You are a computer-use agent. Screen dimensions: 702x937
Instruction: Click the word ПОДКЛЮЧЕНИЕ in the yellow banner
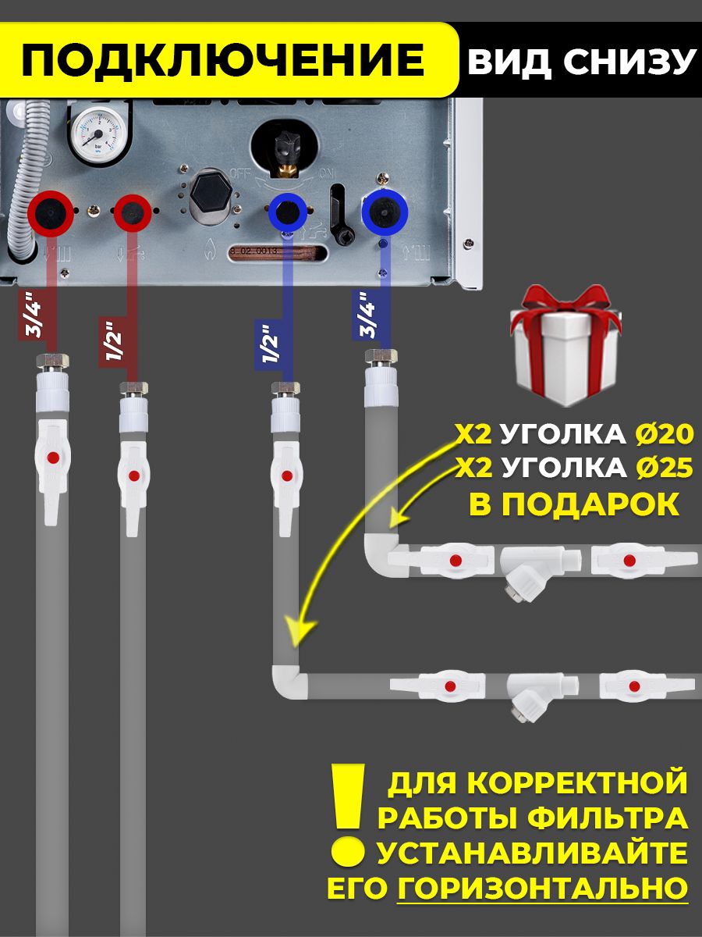click(223, 59)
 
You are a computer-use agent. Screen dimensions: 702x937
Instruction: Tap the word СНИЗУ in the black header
click(629, 61)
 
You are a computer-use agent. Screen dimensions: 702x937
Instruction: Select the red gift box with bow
click(565, 345)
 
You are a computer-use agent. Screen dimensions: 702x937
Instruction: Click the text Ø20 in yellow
click(664, 435)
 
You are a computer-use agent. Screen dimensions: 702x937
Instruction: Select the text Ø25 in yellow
click(664, 468)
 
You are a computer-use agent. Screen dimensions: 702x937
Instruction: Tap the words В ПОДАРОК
click(574, 504)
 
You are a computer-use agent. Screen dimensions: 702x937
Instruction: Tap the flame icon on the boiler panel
click(210, 250)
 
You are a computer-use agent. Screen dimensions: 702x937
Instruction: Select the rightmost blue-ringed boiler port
click(385, 212)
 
